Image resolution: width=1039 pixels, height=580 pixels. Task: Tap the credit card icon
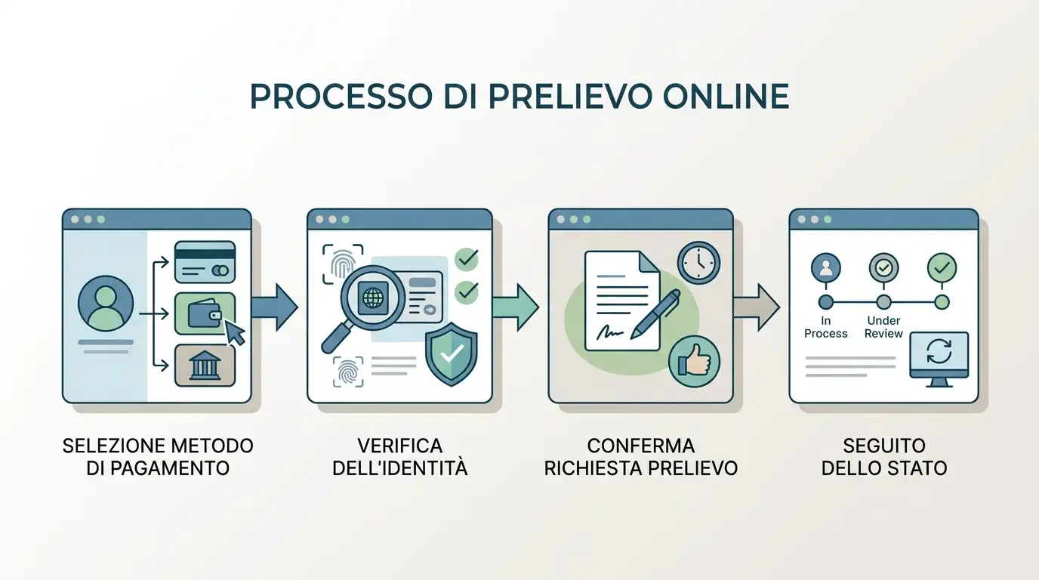(x=205, y=262)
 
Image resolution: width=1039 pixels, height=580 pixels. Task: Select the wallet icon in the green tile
(x=205, y=313)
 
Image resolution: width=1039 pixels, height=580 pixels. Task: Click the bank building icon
(x=205, y=366)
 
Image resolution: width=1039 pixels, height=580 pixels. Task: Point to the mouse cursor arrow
(x=234, y=332)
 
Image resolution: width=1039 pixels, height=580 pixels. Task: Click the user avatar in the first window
(x=106, y=304)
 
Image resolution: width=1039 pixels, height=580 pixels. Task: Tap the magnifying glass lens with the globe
(x=372, y=298)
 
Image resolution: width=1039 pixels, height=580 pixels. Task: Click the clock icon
(x=698, y=263)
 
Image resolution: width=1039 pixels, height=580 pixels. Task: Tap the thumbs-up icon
(x=694, y=361)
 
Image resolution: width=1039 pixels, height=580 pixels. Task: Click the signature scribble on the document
(x=609, y=331)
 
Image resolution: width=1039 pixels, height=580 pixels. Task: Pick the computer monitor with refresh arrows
(x=939, y=359)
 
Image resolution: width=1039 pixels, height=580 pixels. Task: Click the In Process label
(x=825, y=327)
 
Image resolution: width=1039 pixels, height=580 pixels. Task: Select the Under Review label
(x=883, y=327)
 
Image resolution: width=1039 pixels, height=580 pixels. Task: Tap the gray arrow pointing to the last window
(x=757, y=307)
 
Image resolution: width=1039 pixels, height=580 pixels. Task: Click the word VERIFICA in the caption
(x=400, y=446)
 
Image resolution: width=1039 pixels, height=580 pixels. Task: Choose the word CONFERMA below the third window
(x=641, y=446)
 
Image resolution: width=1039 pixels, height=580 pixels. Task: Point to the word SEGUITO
(x=884, y=446)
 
